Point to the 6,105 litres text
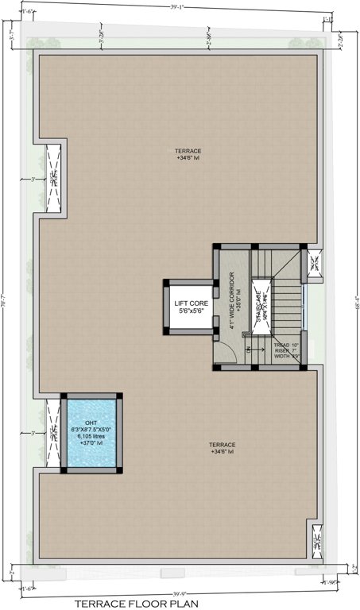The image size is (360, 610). coord(91,436)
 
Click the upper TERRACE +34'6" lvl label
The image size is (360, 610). coord(188,153)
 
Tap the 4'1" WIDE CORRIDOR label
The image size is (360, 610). coord(231,300)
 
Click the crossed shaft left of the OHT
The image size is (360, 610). coord(53,432)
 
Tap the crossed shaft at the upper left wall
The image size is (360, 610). coord(53,180)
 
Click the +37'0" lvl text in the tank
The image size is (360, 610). coord(91,443)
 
